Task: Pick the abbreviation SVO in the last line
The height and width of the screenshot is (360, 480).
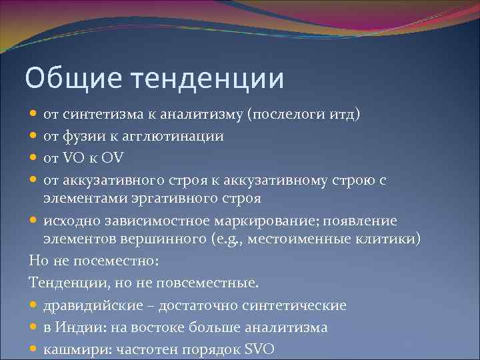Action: click(x=259, y=349)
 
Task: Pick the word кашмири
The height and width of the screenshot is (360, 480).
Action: click(x=71, y=349)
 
